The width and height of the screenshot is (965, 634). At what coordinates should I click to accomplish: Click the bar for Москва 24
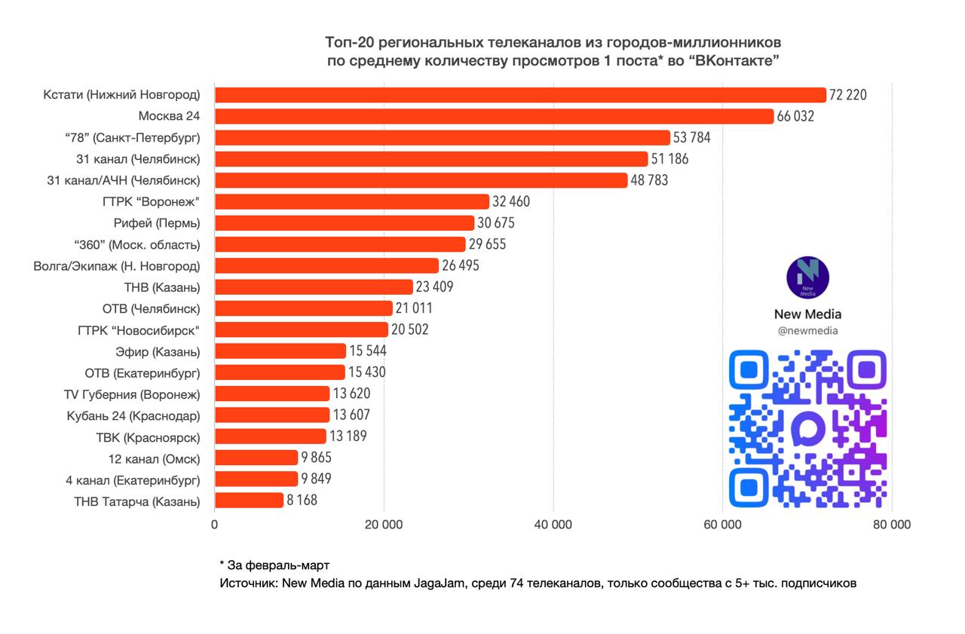tap(494, 116)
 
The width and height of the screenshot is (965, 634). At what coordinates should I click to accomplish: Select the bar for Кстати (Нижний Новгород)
tap(520, 95)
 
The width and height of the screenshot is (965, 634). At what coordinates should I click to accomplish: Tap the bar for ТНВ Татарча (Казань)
tap(249, 501)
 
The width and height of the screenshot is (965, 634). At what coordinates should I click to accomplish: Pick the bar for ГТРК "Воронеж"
tap(352, 202)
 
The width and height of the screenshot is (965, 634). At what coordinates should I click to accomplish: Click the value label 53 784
tap(692, 138)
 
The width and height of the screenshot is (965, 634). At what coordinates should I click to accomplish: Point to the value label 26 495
tap(461, 266)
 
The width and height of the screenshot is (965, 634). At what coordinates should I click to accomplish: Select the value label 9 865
tap(317, 458)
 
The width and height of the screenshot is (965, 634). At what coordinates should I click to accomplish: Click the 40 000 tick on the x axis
tap(553, 525)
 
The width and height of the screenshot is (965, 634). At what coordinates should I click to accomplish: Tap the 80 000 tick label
tap(892, 525)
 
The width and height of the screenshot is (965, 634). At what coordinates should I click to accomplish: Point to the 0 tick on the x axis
tap(215, 525)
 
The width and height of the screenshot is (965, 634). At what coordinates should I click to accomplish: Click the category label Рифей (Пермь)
tap(155, 223)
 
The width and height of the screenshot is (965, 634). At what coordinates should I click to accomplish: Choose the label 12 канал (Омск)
tap(154, 458)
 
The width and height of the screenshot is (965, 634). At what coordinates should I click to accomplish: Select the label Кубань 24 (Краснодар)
tap(133, 415)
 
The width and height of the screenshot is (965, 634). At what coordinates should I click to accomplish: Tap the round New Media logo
tap(807, 277)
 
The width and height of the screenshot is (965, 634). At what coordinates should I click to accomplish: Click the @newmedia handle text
tap(807, 331)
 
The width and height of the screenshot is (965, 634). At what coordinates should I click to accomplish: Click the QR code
tap(807, 428)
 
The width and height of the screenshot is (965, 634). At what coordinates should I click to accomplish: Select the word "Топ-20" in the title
tap(347, 41)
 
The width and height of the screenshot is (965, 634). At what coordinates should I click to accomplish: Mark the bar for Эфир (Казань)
tap(280, 351)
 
